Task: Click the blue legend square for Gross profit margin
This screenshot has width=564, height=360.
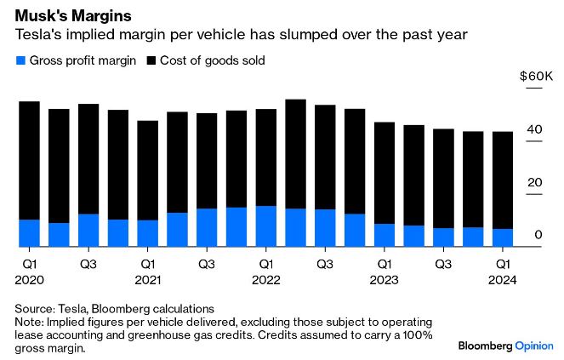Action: pyautogui.click(x=20, y=60)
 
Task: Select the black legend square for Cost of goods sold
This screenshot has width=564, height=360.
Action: pyautogui.click(x=152, y=60)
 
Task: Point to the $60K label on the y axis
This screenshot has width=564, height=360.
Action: pyautogui.click(x=536, y=77)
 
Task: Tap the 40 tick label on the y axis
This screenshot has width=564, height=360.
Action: pyautogui.click(x=533, y=129)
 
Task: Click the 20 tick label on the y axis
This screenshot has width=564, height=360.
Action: pyautogui.click(x=533, y=182)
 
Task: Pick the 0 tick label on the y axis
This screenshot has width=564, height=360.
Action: pyautogui.click(x=538, y=235)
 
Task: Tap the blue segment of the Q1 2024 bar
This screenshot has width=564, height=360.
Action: pyautogui.click(x=503, y=237)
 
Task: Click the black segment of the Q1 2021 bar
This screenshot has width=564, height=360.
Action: pyautogui.click(x=148, y=170)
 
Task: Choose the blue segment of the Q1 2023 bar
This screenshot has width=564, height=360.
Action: pyautogui.click(x=385, y=235)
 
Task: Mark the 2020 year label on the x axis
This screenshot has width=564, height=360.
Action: pyautogui.click(x=30, y=279)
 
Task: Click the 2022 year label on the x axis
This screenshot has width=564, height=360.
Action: pyautogui.click(x=266, y=279)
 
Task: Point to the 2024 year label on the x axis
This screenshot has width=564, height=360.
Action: pyautogui.click(x=503, y=279)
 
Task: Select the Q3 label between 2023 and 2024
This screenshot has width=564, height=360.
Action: pyautogui.click(x=443, y=264)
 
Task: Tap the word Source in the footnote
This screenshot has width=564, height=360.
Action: pyautogui.click(x=36, y=308)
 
